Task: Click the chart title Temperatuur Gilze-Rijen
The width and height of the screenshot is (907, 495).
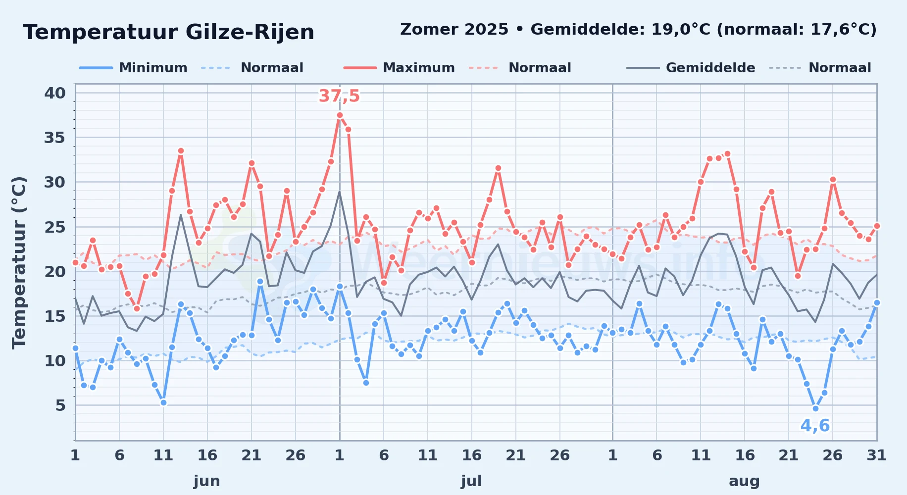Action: click(168, 32)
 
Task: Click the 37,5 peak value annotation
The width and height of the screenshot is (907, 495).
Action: click(339, 96)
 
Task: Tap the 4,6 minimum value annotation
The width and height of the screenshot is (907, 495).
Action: click(815, 426)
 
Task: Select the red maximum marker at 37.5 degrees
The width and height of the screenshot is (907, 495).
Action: click(340, 115)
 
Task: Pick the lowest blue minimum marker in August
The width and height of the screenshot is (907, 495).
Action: click(815, 408)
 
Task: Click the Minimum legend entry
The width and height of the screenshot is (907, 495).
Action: click(133, 68)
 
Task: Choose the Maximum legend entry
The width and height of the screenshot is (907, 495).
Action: click(399, 68)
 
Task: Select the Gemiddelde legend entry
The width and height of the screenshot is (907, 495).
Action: click(691, 68)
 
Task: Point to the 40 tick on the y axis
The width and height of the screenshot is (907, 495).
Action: click(55, 93)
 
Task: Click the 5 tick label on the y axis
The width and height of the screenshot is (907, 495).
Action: click(60, 405)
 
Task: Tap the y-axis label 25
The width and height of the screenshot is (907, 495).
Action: click(55, 227)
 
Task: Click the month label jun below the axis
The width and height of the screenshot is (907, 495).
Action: click(207, 481)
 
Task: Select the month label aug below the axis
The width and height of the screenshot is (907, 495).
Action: click(745, 481)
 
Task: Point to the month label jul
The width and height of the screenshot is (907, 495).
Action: click(471, 481)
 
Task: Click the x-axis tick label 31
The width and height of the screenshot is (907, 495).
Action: click(876, 455)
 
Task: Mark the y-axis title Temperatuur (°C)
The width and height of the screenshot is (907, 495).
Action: click(19, 262)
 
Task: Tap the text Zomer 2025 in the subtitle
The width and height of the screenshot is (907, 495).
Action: click(454, 30)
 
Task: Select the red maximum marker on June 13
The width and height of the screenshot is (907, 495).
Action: click(181, 151)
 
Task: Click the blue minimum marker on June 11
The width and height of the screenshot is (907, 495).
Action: click(163, 402)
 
